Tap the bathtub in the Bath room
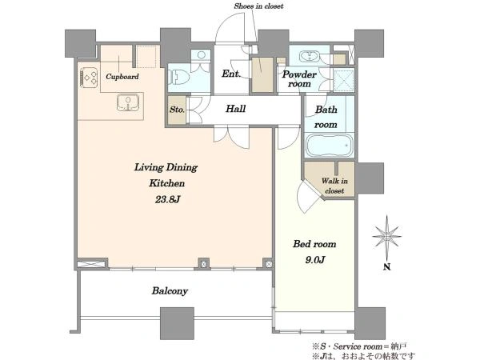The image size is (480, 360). pyautogui.click(x=330, y=146)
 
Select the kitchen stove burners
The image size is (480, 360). pyautogui.click(x=89, y=78)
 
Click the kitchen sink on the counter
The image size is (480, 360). pyautogui.click(x=128, y=102)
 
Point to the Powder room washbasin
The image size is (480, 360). pyautogui.click(x=310, y=56)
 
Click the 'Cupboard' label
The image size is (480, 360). pyautogui.click(x=122, y=77)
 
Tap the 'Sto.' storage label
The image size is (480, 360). pyautogui.click(x=177, y=110)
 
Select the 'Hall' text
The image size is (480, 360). pyautogui.click(x=236, y=109)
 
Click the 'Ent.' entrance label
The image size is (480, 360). pyautogui.click(x=231, y=74)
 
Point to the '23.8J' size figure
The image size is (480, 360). pyautogui.click(x=167, y=199)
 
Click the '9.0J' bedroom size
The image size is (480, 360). pyautogui.click(x=315, y=260)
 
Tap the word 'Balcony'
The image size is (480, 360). pyautogui.click(x=170, y=291)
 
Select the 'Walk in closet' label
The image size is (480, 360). pyautogui.click(x=334, y=186)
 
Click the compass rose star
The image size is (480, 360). pyautogui.click(x=387, y=237)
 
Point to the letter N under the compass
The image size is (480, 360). pyautogui.click(x=387, y=267)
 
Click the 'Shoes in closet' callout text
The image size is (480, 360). pyautogui.click(x=258, y=6)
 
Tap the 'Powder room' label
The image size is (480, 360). pyautogui.click(x=299, y=79)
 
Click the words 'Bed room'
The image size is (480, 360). pyautogui.click(x=314, y=244)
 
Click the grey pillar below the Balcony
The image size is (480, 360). pyautogui.click(x=178, y=323)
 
